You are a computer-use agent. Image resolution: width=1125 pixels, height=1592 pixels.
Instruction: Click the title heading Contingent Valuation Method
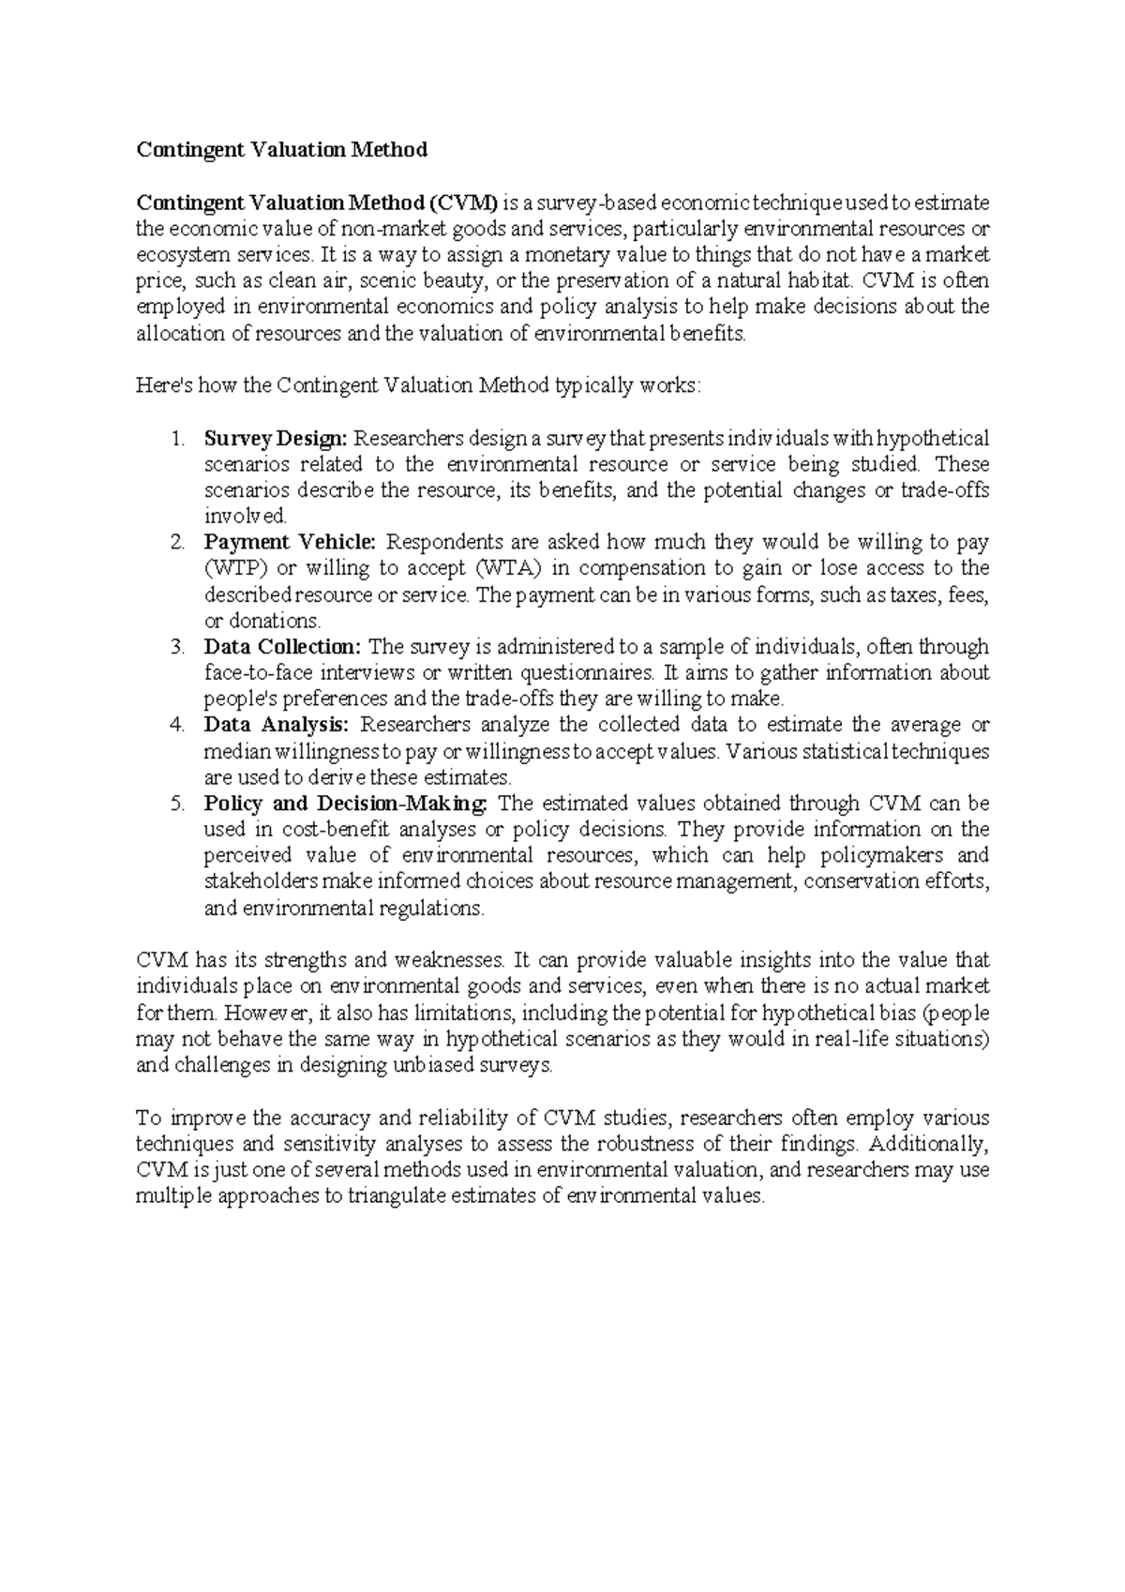pos(281,150)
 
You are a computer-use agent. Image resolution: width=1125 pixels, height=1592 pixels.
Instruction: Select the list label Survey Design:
pos(276,438)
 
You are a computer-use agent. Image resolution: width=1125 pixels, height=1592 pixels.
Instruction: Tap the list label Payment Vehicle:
pos(290,542)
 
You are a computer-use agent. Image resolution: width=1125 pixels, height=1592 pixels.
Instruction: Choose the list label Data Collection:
pos(282,647)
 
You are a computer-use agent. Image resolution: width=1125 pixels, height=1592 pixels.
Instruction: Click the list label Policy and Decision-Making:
pos(346,804)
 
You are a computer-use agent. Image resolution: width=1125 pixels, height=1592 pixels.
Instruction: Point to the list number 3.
pos(177,647)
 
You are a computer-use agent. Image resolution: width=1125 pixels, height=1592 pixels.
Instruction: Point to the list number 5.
pos(177,804)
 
